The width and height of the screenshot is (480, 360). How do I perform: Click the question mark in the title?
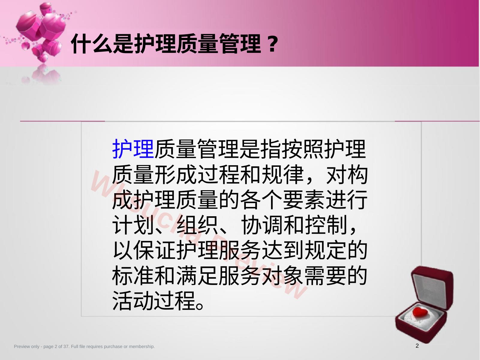(x=272, y=44)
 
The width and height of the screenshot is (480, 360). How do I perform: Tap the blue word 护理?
(x=133, y=149)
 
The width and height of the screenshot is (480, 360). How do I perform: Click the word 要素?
(x=303, y=200)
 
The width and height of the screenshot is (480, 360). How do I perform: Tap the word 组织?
(x=197, y=225)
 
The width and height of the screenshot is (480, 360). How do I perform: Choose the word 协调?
(x=261, y=225)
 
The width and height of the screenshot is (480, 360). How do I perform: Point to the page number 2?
(x=417, y=346)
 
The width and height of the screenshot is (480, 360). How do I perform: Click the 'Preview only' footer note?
(x=84, y=346)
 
